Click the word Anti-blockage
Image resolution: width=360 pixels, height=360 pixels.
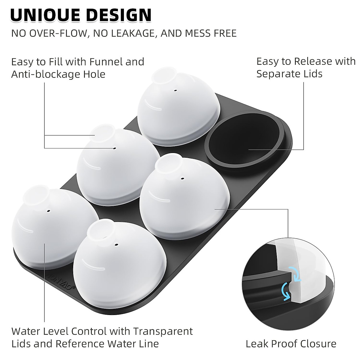44,74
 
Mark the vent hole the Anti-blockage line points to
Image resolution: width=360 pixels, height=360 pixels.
114,148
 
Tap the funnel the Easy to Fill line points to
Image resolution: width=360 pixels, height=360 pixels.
102,133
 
